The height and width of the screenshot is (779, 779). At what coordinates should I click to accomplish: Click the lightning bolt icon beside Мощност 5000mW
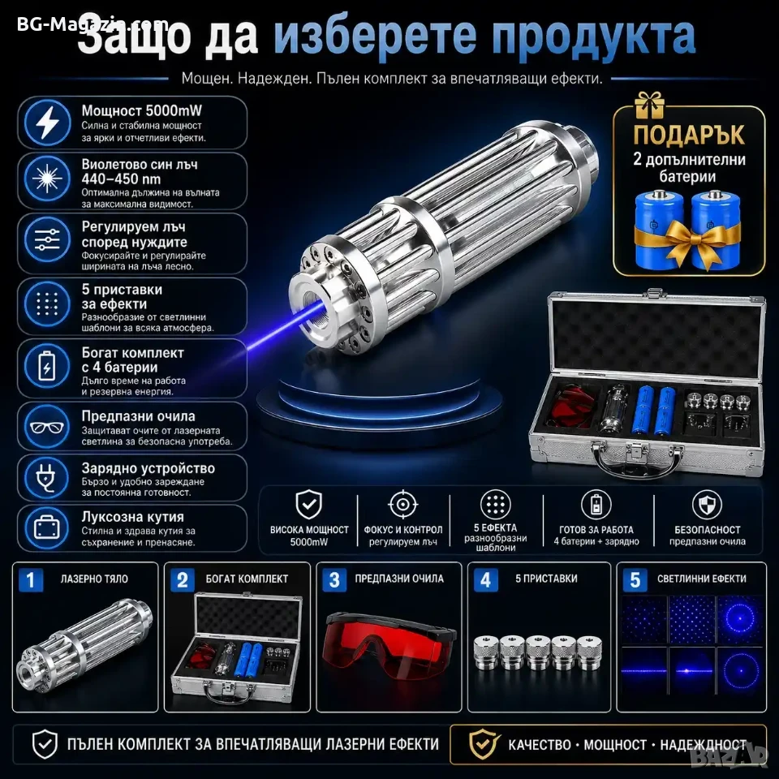coord(48,123)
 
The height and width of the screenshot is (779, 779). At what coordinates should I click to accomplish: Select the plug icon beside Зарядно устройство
coord(47,478)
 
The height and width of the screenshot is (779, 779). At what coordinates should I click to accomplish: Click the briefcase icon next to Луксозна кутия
coord(47,528)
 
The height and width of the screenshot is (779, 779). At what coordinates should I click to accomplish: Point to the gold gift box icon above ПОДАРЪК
coord(649,105)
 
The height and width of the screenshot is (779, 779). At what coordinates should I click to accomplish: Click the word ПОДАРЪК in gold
coord(689,136)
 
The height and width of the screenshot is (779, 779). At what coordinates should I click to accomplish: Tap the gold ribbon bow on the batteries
coord(688,238)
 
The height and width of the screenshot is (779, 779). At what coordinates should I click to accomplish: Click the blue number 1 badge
coord(31,579)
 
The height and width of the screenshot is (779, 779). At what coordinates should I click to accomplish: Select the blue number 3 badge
coord(334,579)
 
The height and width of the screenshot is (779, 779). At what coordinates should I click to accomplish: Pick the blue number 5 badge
coord(635,579)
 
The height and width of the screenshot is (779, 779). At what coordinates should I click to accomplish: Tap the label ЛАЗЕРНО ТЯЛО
coord(94,579)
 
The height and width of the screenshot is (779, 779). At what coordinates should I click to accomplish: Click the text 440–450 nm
coord(121,179)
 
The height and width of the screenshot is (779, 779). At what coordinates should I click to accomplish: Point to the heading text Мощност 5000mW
coord(141,111)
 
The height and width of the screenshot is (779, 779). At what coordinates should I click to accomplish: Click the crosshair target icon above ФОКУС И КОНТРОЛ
coord(403,505)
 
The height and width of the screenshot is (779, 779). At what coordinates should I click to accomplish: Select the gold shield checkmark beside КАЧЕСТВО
coord(484,744)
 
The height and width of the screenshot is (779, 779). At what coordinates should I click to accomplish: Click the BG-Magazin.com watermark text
coord(93,24)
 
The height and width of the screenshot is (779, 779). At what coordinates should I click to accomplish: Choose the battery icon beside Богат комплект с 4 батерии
coord(47,366)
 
